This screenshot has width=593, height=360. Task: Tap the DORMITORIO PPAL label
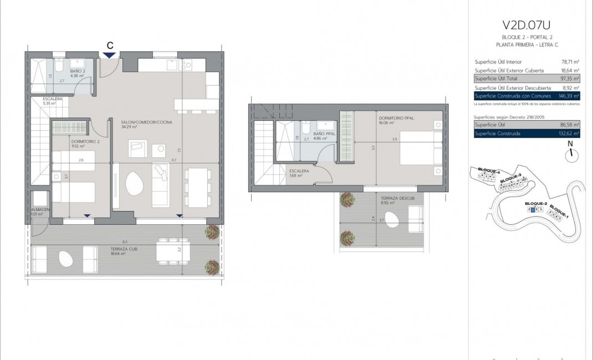pos(397,118)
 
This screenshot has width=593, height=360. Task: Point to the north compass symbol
pos(570,156)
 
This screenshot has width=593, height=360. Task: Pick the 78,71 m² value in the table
pos(570,61)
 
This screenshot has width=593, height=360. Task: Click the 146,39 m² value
pos(570,96)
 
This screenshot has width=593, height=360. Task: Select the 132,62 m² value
pos(570,133)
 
